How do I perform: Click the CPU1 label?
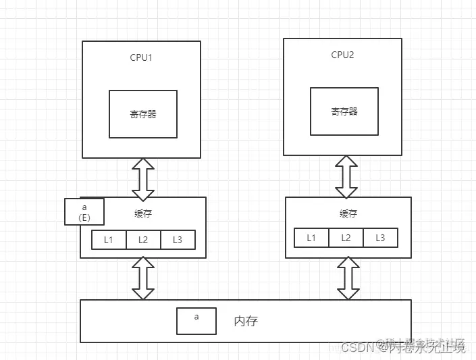pos(141,57)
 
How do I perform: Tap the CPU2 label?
pos(342,55)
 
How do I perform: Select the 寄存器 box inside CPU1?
pos(143,114)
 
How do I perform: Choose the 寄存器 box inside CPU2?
pos(344,111)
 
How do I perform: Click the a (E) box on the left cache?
pos(84,211)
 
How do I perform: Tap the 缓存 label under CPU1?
pos(143,214)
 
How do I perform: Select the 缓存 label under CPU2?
pos(348,213)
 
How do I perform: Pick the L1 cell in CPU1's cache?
pos(109,240)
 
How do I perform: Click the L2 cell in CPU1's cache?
pos(143,240)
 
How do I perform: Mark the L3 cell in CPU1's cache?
pos(178,240)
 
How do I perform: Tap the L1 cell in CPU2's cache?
pos(311,238)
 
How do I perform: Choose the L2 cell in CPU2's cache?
pos(346,238)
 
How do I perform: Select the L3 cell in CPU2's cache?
pos(380,238)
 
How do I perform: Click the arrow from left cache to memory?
pos(143,278)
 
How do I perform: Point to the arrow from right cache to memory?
pos(348,278)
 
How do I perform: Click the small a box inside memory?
pos(196,321)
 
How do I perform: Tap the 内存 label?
pos(246,322)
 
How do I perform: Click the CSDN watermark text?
pos(357,347)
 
